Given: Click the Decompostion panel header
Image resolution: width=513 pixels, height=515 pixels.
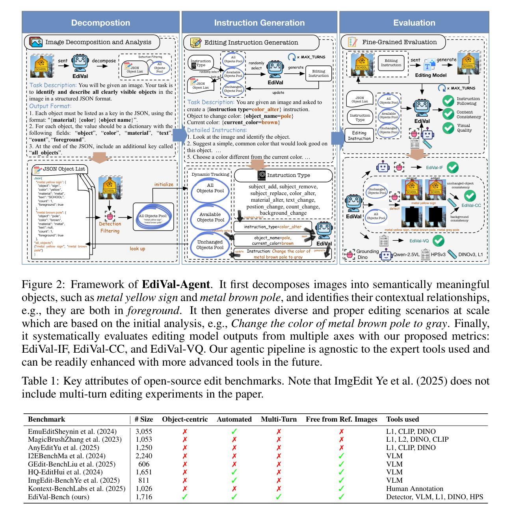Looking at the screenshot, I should click(100, 23).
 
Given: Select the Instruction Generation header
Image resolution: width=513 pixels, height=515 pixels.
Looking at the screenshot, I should click(259, 23).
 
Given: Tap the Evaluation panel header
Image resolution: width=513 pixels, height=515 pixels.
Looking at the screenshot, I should click(414, 23).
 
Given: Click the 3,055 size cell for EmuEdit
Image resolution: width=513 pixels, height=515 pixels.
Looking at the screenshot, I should click(143, 431).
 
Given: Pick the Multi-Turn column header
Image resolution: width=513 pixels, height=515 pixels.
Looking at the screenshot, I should click(279, 419).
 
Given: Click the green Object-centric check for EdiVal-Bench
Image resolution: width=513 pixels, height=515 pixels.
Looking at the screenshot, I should click(184, 497).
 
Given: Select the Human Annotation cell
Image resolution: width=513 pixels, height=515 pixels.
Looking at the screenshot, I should click(414, 489).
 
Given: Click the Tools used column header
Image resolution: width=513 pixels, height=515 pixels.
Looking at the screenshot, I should click(402, 419).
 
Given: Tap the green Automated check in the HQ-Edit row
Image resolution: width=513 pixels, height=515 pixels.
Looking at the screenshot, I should click(234, 472).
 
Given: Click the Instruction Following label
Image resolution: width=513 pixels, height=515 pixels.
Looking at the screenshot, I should click(468, 101).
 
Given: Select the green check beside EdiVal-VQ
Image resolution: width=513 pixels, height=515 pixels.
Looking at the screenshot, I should click(438, 240).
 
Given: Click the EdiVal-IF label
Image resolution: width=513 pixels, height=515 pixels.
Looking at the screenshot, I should click(435, 167).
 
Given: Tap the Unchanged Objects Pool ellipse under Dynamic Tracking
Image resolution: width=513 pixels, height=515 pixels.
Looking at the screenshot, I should click(210, 245).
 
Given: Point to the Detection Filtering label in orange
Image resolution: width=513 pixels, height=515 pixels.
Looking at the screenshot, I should click(110, 227).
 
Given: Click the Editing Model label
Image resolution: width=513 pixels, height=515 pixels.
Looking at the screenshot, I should click(431, 75).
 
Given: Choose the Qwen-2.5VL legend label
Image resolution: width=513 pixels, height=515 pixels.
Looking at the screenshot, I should click(405, 255).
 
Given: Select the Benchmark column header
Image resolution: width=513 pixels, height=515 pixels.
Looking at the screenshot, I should click(46, 419).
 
